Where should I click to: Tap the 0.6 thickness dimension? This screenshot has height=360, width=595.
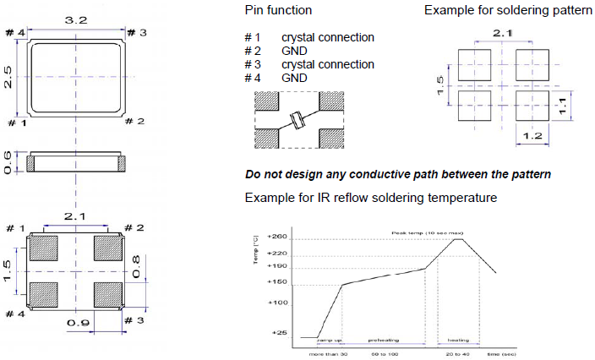8,163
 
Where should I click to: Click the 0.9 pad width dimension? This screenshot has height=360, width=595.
77,322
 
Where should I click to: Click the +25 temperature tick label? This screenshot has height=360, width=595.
280,332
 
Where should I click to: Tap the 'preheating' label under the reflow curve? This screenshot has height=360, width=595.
383,341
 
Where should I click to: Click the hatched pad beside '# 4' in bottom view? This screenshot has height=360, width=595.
43,293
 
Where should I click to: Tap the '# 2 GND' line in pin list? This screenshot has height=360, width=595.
276,52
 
